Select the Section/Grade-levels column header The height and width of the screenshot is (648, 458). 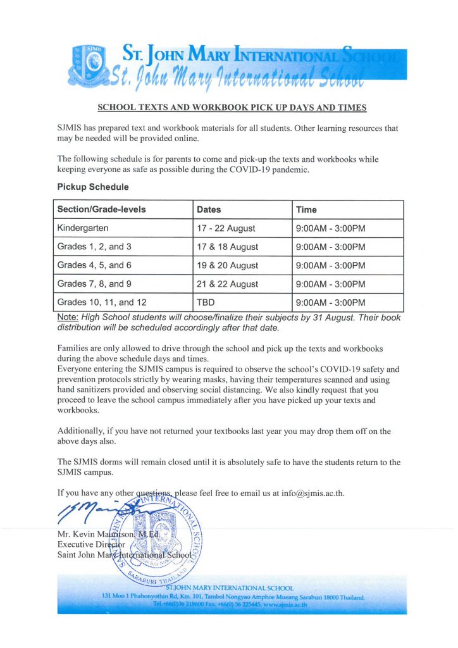[101, 209]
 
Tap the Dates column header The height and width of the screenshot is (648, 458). [209, 209]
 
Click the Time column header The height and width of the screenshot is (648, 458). [306, 209]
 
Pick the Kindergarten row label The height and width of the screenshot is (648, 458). [83, 228]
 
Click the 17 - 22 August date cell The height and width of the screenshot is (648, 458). [226, 228]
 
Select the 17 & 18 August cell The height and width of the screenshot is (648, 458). [227, 247]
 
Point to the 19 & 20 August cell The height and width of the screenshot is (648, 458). [227, 266]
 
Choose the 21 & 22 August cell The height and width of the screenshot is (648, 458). [227, 284]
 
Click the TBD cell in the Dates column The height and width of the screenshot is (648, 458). [206, 302]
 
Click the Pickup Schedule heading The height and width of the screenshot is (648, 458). [93, 187]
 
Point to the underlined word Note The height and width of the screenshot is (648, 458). [67, 317]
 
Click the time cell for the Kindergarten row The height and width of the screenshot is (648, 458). [330, 228]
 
